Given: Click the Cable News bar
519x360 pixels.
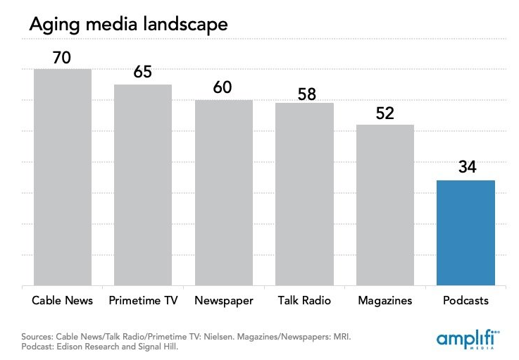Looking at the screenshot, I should pos(63,178).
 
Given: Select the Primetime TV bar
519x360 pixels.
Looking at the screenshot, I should pos(143,185).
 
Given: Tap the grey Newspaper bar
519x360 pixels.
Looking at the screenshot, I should pos(224,193).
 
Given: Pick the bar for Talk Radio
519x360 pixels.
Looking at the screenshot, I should pos(304,194).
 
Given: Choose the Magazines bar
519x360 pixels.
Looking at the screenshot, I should pos(384,205).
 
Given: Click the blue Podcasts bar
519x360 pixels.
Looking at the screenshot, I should pos(465,233).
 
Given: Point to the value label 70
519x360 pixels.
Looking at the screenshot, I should pos(62,58).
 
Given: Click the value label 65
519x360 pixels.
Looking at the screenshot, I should pos(143,73).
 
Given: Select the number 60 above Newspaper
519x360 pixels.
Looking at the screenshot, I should pos(223,88).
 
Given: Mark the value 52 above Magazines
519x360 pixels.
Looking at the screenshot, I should pos(386,113).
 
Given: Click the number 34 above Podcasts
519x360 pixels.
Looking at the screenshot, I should pos(465,169).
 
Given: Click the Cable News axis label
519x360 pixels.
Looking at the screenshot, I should pos(63,301).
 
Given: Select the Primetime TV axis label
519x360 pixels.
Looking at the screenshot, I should pos(143,301).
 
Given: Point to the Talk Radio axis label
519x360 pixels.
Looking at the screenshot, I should pos(304,301).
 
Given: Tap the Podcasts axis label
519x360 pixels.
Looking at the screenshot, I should pos(465,301).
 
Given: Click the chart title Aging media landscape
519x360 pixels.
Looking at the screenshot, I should pos(127,24).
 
